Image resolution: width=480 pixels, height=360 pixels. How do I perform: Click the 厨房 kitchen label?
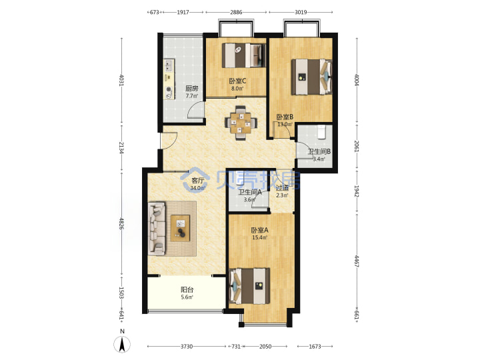pos(192,89)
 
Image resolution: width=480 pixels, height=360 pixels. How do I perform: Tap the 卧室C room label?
pos(237,81)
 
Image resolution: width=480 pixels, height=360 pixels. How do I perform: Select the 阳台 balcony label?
pos(187,289)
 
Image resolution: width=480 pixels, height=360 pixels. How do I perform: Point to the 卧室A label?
pos(259,230)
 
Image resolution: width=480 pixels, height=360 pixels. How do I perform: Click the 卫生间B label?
pos(319,151)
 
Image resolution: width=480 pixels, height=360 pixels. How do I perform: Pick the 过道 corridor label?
pos(282,188)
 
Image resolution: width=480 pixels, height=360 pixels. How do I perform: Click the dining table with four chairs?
pos(241,123)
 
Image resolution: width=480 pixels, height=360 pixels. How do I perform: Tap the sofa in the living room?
pos(157,228)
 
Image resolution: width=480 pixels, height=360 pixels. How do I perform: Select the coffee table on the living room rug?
pos(180,228)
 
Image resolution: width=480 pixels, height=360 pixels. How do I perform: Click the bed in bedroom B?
pos(311,77)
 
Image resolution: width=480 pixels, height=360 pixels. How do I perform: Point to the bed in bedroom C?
pos(244,55)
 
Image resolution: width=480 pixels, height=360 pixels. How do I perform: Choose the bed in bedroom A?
pos(249,286)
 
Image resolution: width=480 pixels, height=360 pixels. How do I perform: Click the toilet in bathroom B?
pos(321,131)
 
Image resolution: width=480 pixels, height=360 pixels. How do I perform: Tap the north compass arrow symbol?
pos(122,344)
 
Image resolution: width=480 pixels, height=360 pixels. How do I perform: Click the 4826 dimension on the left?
pos(121,224)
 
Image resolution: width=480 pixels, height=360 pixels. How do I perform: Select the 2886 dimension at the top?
pos(236,12)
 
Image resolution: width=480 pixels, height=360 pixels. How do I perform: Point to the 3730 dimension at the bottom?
pos(187,347)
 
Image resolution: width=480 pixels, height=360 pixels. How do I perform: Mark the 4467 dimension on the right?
pos(357,261)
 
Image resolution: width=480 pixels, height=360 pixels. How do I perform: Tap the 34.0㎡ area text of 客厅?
pos(197,188)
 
